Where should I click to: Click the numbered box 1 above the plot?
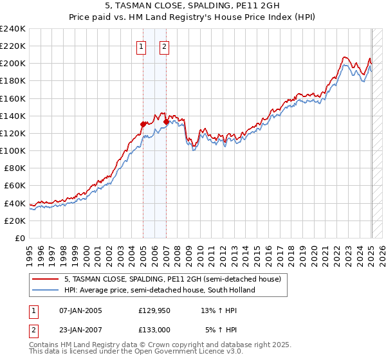[141, 46]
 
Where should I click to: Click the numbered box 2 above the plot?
[164, 46]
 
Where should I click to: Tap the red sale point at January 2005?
[143, 124]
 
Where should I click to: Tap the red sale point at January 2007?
[166, 122]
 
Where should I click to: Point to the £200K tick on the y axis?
[14, 64]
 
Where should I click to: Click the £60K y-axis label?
[16, 186]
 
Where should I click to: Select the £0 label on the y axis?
[21, 238]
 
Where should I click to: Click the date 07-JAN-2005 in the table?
[80, 310]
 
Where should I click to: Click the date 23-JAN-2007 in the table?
[80, 330]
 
